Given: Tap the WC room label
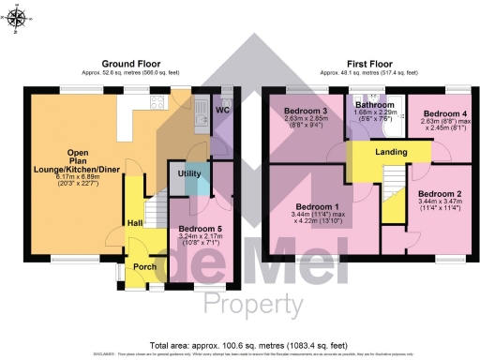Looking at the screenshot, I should [x=223, y=111].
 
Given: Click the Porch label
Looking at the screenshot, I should [x=145, y=266].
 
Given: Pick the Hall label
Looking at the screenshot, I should [x=134, y=222].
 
